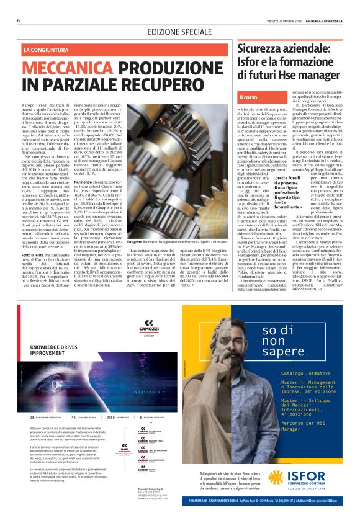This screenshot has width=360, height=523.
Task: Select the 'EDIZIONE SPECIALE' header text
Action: click(x=178, y=32)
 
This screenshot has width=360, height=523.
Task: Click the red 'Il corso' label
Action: click(x=251, y=97)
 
